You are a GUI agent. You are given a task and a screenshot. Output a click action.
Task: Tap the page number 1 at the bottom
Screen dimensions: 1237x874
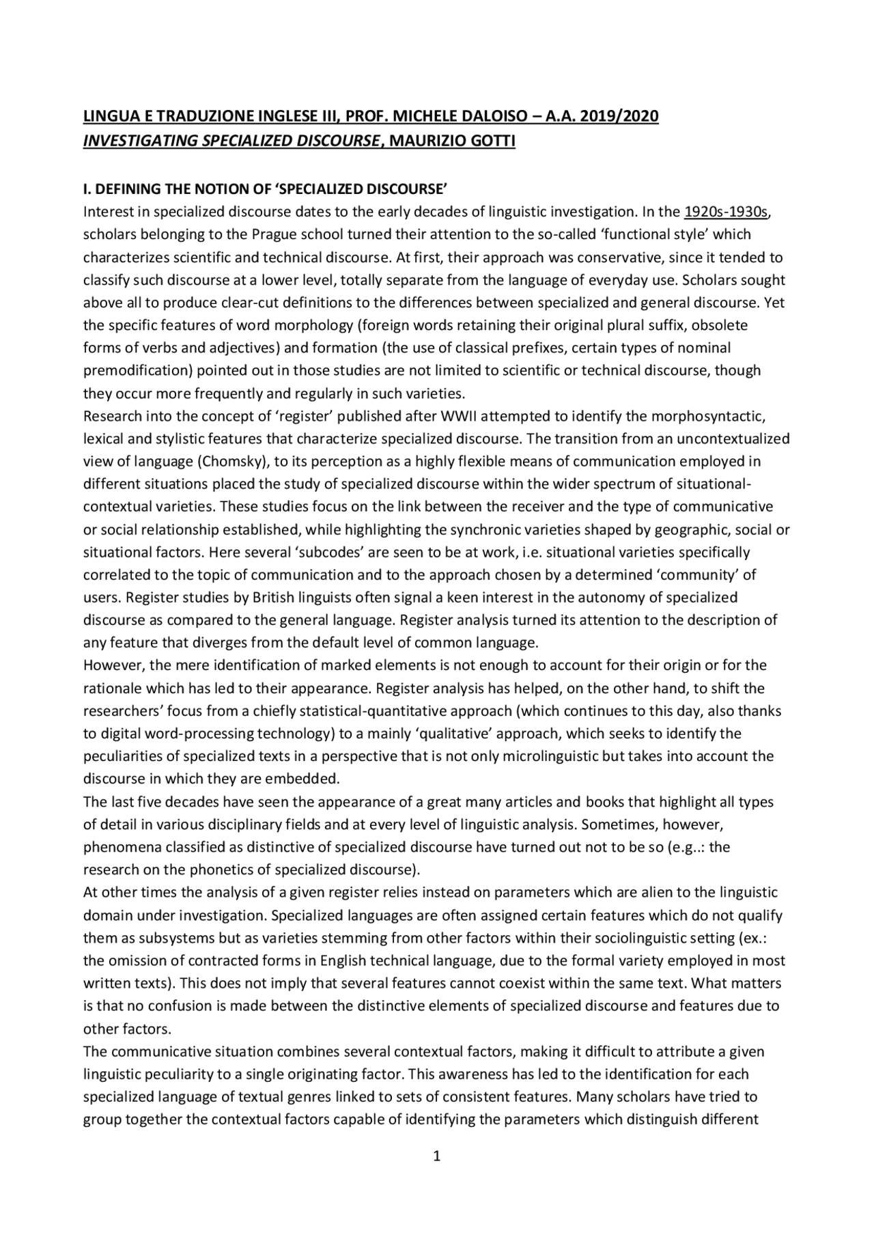tap(437, 1156)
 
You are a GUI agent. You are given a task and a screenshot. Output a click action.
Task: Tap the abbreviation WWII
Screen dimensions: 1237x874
tap(462, 416)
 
